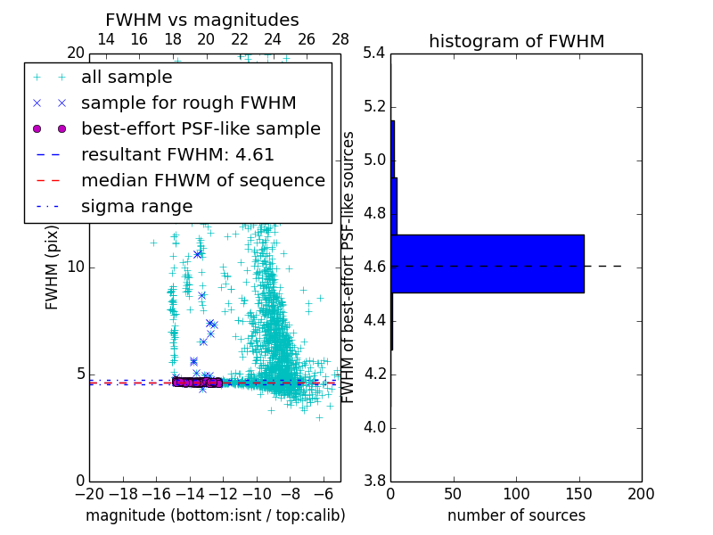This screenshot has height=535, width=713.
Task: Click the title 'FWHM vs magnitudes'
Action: (x=201, y=20)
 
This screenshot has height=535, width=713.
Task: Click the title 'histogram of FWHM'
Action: (x=516, y=41)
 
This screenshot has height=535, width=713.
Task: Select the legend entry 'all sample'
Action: (x=127, y=78)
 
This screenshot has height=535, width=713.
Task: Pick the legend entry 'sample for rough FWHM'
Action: (x=188, y=103)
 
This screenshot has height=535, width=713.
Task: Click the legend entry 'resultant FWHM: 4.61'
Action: (x=177, y=154)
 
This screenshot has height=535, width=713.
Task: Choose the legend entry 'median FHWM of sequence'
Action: (x=202, y=180)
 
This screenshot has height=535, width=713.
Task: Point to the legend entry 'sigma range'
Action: (x=136, y=206)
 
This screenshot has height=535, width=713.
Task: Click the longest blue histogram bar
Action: (x=488, y=263)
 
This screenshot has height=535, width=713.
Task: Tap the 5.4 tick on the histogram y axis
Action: (x=373, y=53)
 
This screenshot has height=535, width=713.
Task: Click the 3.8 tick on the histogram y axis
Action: (x=373, y=481)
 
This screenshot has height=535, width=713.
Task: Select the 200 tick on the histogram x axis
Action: (x=641, y=494)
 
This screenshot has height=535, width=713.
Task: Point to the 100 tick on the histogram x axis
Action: (x=516, y=494)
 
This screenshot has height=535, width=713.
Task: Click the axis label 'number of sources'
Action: (x=516, y=515)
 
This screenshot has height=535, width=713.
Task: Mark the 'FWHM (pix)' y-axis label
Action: (x=53, y=267)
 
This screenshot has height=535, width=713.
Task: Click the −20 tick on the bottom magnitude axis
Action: (x=89, y=494)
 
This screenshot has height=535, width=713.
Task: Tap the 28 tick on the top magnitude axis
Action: (x=340, y=39)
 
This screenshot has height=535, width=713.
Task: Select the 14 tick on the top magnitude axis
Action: (x=105, y=39)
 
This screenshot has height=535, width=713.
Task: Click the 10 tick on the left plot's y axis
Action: (x=75, y=267)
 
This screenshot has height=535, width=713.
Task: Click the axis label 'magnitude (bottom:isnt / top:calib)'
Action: (x=215, y=515)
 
